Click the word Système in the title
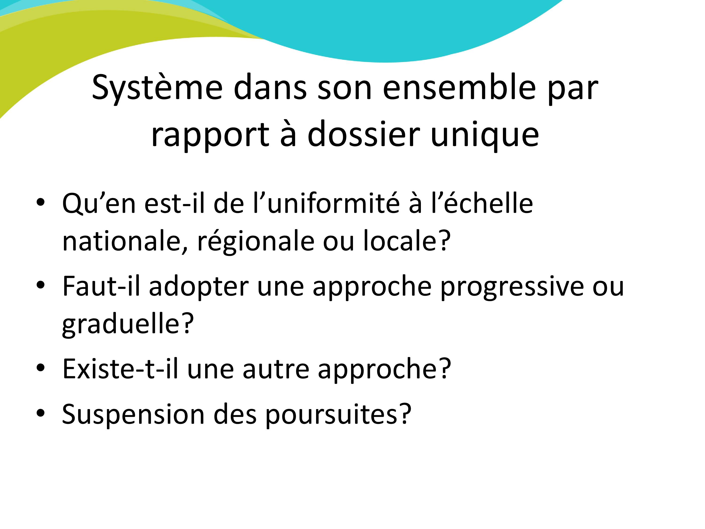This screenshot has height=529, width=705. pyautogui.click(x=157, y=88)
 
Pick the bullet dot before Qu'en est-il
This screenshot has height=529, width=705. pyautogui.click(x=40, y=203)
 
